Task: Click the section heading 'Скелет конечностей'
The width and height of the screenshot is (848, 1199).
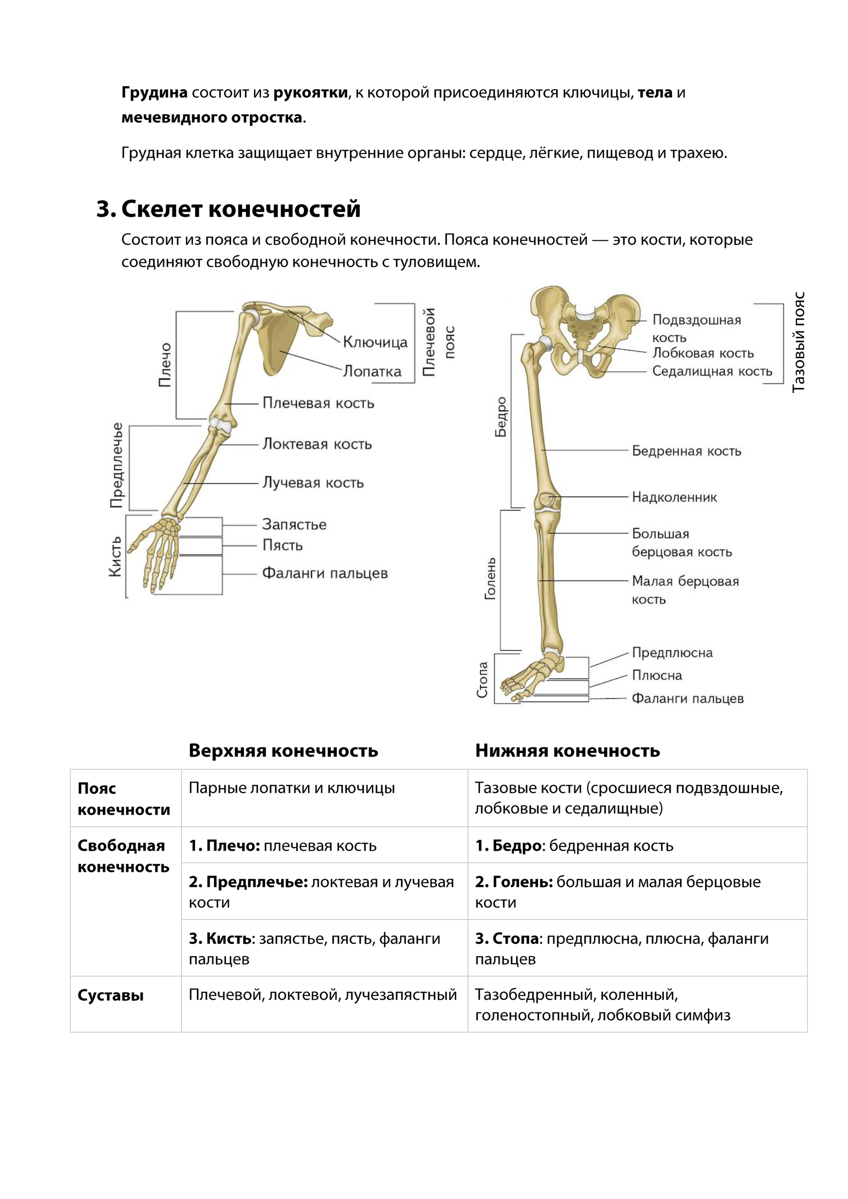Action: [x=240, y=209]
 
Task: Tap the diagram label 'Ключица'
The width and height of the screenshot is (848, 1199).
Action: [x=375, y=342]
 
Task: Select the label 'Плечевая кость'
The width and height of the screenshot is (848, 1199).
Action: [x=318, y=403]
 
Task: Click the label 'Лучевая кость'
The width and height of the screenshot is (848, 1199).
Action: [x=313, y=482]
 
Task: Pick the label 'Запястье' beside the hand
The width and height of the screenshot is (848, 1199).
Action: [x=294, y=524]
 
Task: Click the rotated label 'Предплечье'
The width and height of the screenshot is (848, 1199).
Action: [x=117, y=465]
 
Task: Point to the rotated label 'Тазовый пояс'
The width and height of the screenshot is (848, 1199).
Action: [x=799, y=342]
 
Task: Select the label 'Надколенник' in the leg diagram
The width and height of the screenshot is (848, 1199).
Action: [x=674, y=497]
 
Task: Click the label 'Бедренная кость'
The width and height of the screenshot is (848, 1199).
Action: [x=686, y=451]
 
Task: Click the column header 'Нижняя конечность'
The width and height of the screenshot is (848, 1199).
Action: [x=567, y=751]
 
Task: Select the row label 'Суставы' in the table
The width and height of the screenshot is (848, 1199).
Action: [x=111, y=996]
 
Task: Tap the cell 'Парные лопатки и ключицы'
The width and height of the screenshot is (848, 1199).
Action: [x=291, y=788]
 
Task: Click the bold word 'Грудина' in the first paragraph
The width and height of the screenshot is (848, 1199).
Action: [x=154, y=92]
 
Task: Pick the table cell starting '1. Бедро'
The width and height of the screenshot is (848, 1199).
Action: [x=574, y=846]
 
